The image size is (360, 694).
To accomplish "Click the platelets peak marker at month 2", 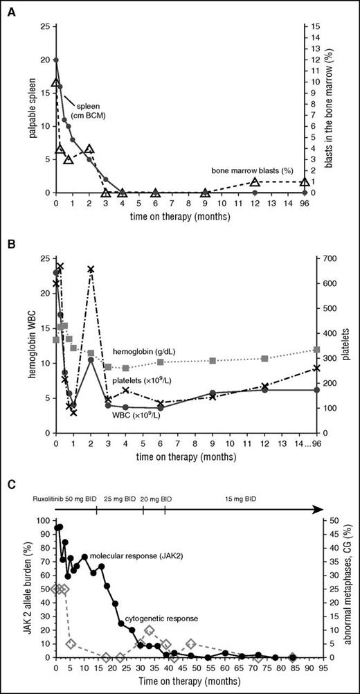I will click(91, 269).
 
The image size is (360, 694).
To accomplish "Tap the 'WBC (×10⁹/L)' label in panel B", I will click(145, 415).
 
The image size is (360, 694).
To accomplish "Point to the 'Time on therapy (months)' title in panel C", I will click(179, 688).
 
